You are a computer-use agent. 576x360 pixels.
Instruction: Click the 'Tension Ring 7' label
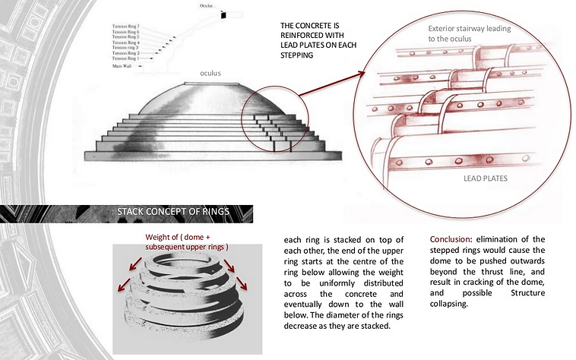pyautogui.click(x=125, y=27)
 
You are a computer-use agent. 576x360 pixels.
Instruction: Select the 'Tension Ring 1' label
pyautogui.click(x=125, y=59)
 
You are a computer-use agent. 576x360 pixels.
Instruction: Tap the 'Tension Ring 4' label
pyautogui.click(x=125, y=43)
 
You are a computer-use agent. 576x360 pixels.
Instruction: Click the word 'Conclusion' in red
pyautogui.click(x=454, y=238)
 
